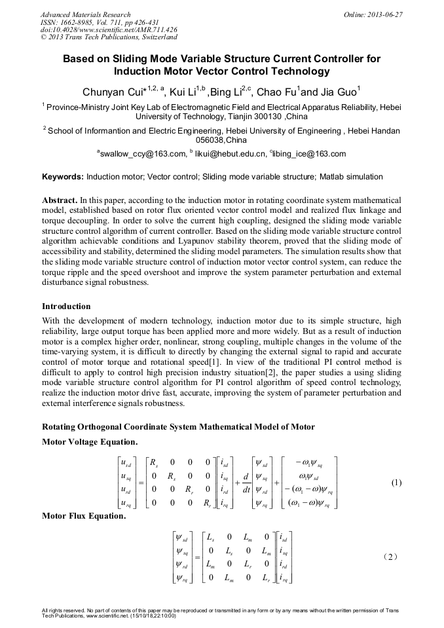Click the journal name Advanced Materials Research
pos(86,14)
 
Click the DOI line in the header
pos(108,29)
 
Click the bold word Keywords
pos(63,177)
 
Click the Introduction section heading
pos(66,306)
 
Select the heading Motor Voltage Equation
pos(90,442)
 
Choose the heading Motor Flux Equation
pos(84,516)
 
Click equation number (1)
pos(396,483)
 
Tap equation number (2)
pos(397,557)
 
